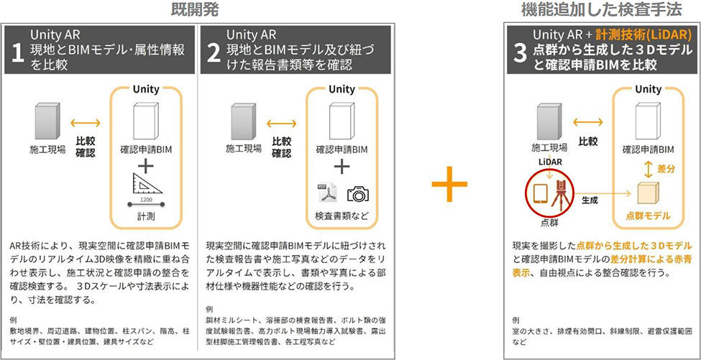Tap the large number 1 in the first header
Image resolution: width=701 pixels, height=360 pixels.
(18, 55)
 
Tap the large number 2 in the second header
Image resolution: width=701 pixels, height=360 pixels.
(213, 55)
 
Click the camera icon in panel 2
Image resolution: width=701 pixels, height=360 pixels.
(357, 194)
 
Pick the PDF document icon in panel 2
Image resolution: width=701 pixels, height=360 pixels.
(327, 194)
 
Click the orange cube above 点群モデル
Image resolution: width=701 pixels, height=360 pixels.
(648, 192)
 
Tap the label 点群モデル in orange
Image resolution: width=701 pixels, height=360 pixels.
(648, 216)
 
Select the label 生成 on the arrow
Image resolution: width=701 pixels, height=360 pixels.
(591, 200)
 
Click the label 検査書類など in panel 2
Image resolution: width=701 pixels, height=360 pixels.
(342, 215)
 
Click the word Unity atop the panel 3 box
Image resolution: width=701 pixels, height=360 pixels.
(648, 89)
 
